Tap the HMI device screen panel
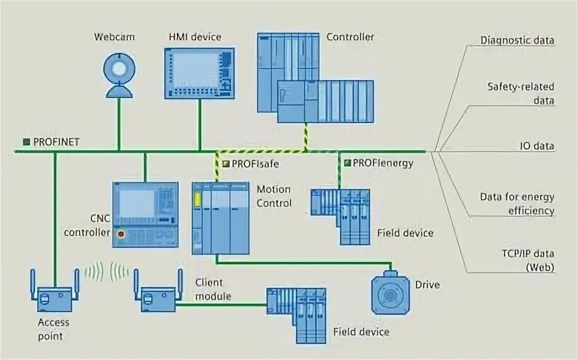point(198,72)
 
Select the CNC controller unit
point(145,213)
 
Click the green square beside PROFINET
point(26,142)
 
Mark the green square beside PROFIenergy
point(347,163)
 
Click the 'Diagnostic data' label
point(517,41)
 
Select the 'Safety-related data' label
point(520,93)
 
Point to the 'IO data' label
point(537,146)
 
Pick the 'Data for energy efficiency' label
point(517,203)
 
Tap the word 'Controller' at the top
point(350,37)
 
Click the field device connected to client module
point(295,315)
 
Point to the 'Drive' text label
point(428,284)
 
